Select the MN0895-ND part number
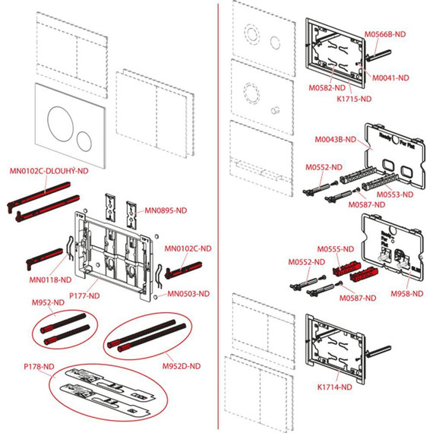tap(166, 209)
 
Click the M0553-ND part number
tap(396, 195)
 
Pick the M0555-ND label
tap(337, 248)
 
